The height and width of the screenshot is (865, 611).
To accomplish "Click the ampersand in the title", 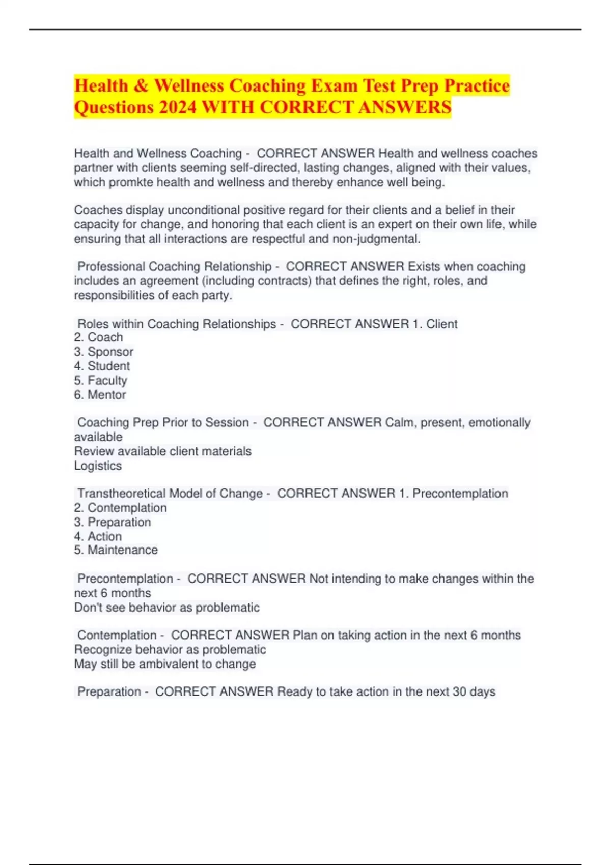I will click(141, 85).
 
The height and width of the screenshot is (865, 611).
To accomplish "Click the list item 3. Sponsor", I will click(103, 352).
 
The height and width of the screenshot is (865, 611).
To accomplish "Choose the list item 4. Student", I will click(102, 366).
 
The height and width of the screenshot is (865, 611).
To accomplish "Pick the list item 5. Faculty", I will click(100, 380).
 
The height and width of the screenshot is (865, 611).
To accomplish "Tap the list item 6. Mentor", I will click(100, 394).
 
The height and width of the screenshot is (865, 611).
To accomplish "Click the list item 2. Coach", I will click(98, 337).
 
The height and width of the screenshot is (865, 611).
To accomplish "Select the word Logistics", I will click(98, 466).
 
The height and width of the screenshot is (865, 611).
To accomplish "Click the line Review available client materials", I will click(162, 451).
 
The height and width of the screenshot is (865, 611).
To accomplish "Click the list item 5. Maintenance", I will click(116, 550).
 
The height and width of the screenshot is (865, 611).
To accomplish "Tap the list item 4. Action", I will click(98, 536).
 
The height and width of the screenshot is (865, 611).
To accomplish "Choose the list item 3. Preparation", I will click(112, 522).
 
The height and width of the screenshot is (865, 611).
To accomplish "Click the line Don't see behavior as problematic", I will click(166, 608).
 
